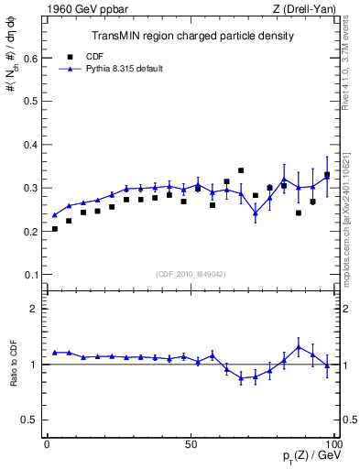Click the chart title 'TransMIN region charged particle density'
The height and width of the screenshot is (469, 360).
point(192,37)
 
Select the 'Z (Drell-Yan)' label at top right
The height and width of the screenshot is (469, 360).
point(300,9)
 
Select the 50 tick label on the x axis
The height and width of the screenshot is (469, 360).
point(191,444)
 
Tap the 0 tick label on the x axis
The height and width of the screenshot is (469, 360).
point(47,444)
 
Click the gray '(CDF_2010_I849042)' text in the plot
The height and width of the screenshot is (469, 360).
point(191,274)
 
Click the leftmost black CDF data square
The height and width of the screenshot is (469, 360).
point(55,229)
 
